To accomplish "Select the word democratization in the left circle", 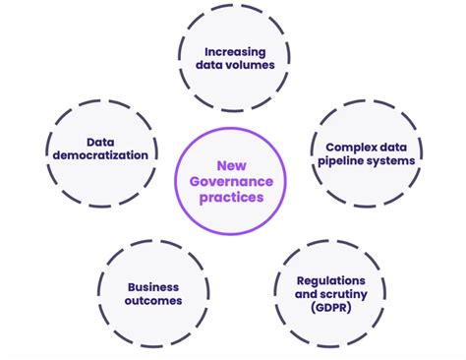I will pyautogui.click(x=103, y=155).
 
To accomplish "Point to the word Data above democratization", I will pyautogui.click(x=103, y=141).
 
